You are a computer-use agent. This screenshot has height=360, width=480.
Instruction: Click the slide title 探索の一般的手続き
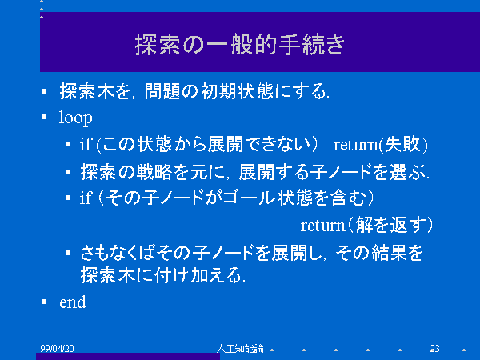240,45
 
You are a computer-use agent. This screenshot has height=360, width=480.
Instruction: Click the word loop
76,118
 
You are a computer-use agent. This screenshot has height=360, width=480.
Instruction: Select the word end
73,302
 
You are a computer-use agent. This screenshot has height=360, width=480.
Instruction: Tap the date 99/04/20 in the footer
57,348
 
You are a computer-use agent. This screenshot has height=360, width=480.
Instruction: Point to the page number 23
434,348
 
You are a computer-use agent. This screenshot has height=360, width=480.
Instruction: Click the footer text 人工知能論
240,348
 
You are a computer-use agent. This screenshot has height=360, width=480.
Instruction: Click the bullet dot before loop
44,117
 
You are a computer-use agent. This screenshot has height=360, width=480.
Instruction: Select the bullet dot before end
44,302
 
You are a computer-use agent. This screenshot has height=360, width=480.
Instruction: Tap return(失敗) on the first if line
380,145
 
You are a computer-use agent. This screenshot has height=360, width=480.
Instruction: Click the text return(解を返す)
366,226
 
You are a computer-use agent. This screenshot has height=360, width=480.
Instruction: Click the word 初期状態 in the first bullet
238,91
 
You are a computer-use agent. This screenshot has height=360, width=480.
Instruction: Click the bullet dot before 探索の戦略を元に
68,172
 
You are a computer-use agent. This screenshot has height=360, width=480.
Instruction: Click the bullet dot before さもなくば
68,253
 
